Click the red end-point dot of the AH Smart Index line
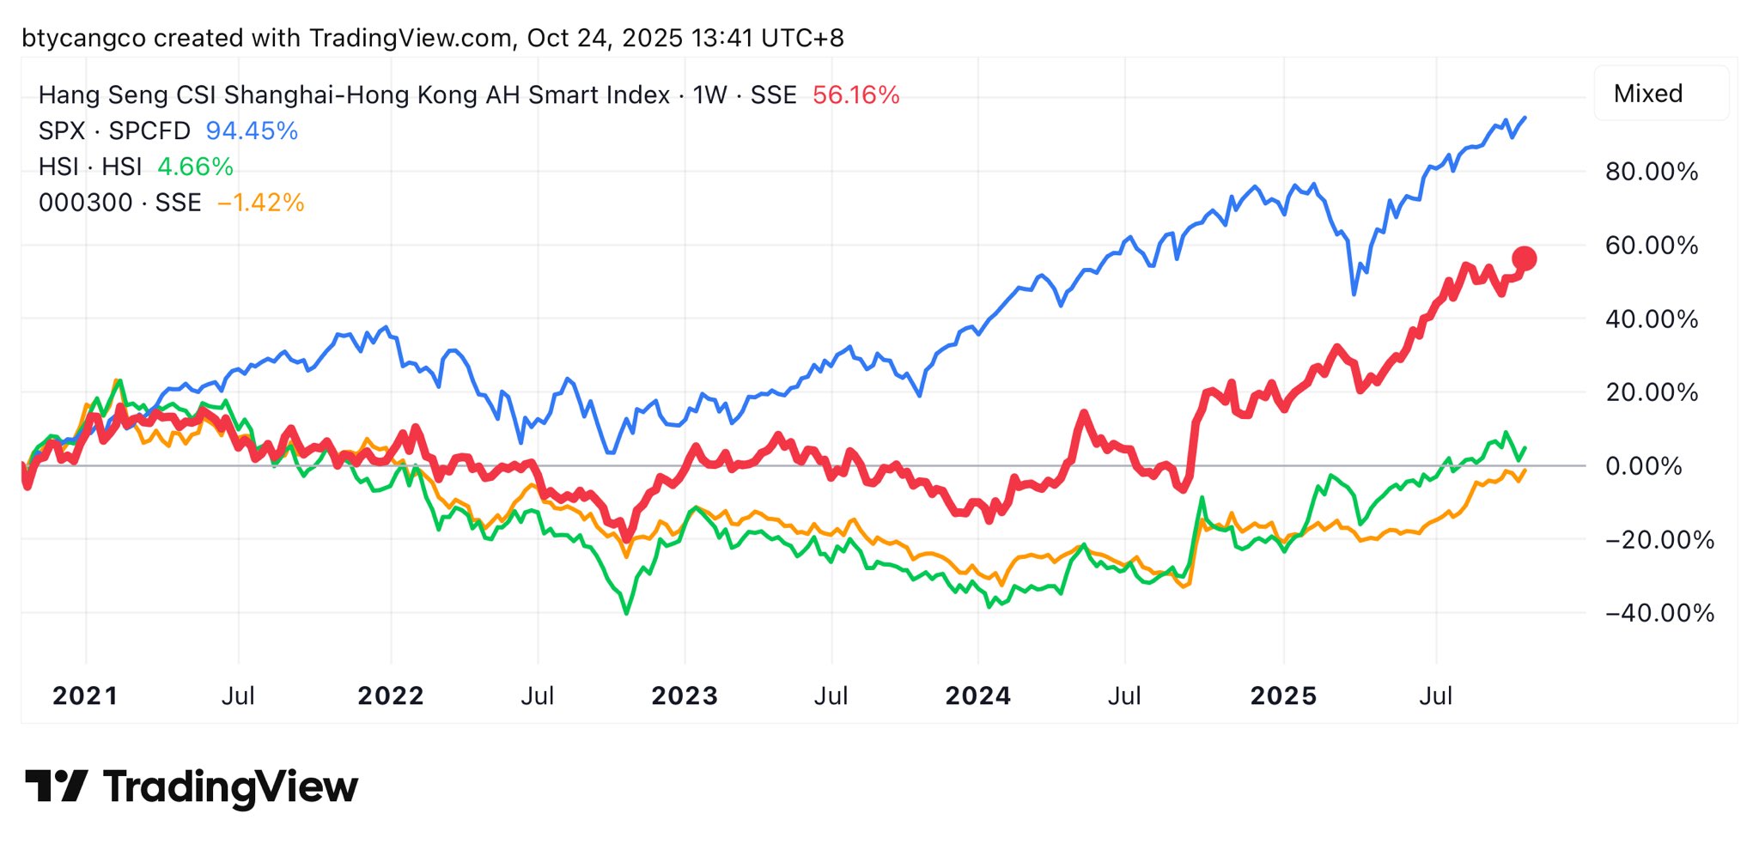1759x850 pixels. pyautogui.click(x=1524, y=258)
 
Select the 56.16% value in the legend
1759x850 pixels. pyautogui.click(x=855, y=94)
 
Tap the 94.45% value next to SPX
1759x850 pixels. pyautogui.click(x=252, y=131)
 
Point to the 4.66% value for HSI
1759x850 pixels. pyautogui.click(x=195, y=167)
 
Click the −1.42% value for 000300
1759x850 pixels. pyautogui.click(x=260, y=203)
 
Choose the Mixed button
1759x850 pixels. pyautogui.click(x=1647, y=94)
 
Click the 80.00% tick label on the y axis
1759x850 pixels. pyautogui.click(x=1651, y=172)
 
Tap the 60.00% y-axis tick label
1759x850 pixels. pyautogui.click(x=1651, y=246)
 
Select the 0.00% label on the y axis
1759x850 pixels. pyautogui.click(x=1643, y=466)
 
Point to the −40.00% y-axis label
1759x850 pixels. pyautogui.click(x=1659, y=613)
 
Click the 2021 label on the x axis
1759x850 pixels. pyautogui.click(x=85, y=695)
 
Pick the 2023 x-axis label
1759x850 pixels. pyautogui.click(x=684, y=695)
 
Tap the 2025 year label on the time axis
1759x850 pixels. pyautogui.click(x=1283, y=695)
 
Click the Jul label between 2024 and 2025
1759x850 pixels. pyautogui.click(x=1124, y=695)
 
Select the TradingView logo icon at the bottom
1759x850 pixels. pyautogui.click(x=56, y=786)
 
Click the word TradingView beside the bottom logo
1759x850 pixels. pyautogui.click(x=230, y=786)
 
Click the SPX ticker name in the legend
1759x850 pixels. pyautogui.click(x=62, y=131)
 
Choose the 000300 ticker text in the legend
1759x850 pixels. pyautogui.click(x=86, y=203)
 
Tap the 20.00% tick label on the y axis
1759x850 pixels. pyautogui.click(x=1651, y=392)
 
